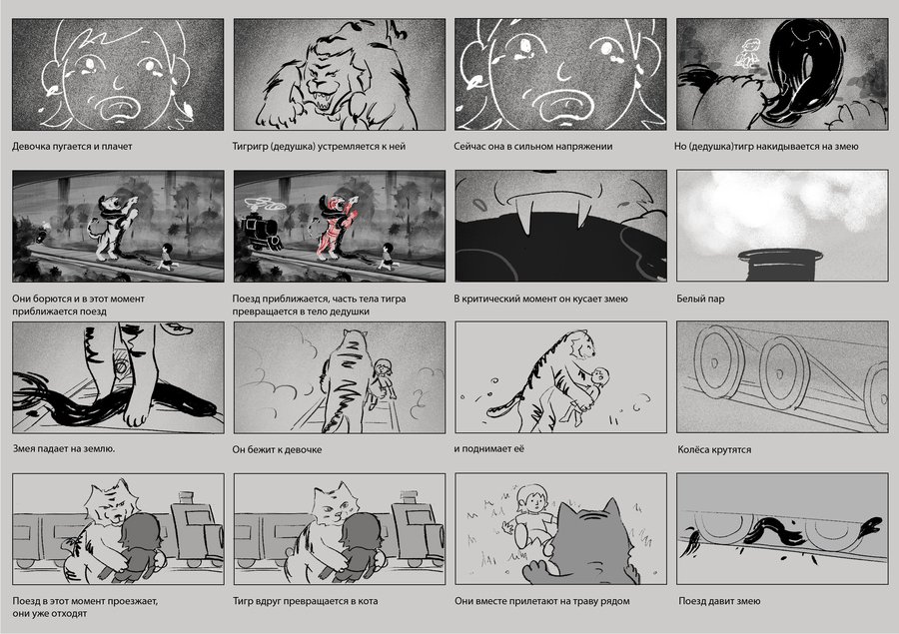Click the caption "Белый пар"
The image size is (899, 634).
click(x=700, y=299)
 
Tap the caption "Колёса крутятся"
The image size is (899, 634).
click(x=714, y=449)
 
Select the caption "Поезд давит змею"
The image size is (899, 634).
click(x=719, y=601)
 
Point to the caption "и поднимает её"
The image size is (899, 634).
click(x=488, y=449)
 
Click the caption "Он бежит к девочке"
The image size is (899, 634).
click(x=277, y=449)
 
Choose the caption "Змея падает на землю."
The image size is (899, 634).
click(x=64, y=449)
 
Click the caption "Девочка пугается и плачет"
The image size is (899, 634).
click(x=72, y=146)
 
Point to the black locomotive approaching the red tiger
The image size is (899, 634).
click(x=260, y=233)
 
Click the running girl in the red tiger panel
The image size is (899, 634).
click(x=389, y=257)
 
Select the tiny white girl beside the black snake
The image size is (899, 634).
click(x=747, y=53)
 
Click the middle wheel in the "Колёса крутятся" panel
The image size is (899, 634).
click(x=784, y=372)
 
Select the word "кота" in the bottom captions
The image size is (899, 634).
click(x=367, y=601)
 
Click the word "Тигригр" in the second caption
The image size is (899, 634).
click(x=250, y=146)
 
